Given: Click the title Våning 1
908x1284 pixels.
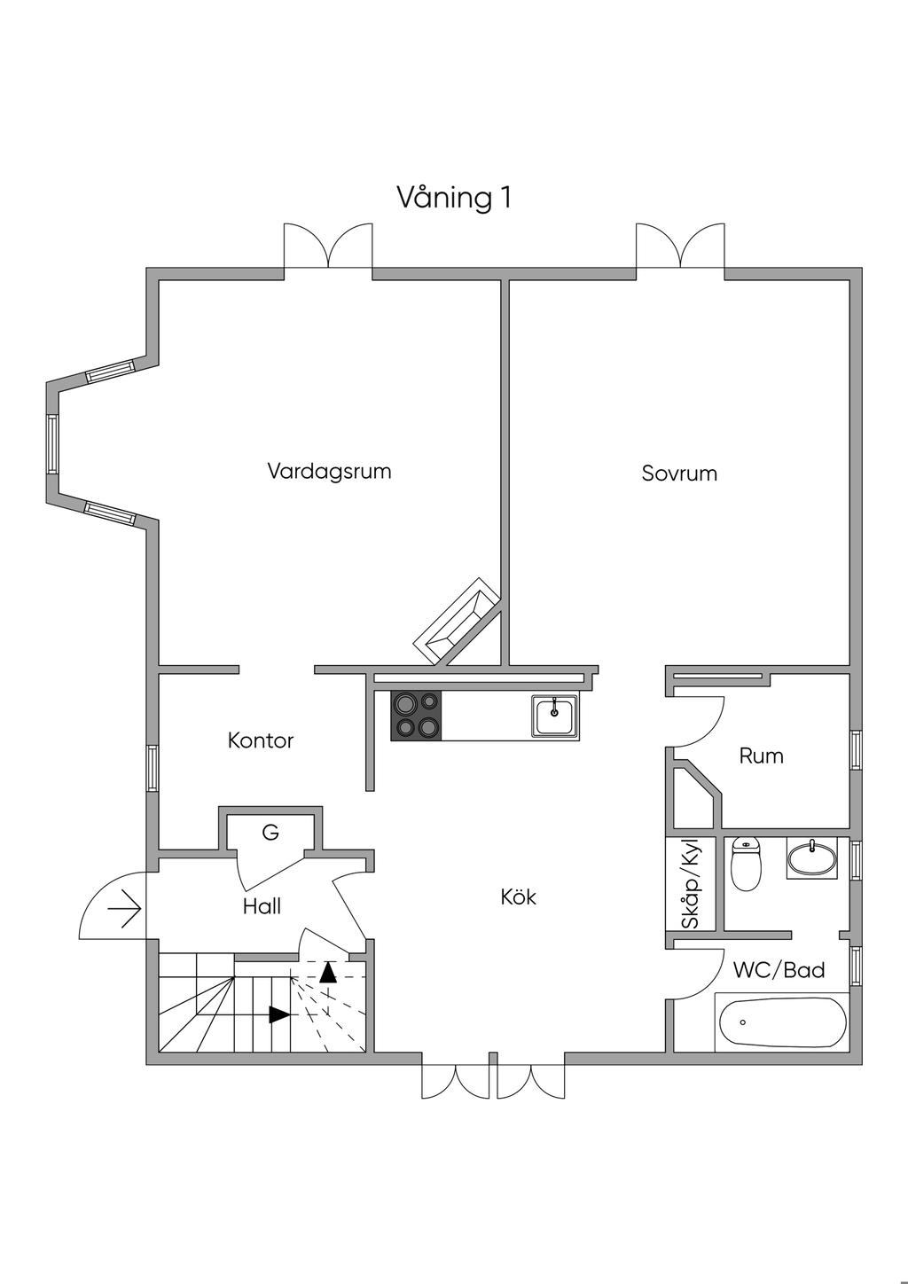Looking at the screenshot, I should tap(453, 197).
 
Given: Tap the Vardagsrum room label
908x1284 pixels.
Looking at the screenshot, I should tap(329, 470).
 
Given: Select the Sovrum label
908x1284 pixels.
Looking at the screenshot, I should tap(679, 474).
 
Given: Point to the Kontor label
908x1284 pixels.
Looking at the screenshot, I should tap(260, 740).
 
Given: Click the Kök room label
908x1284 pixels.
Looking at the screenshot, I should tap(519, 896).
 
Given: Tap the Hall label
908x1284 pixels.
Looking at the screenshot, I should tap(262, 906).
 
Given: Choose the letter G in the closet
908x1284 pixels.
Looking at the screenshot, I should tap(270, 833).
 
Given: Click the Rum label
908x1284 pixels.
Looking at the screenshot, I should tap(761, 756).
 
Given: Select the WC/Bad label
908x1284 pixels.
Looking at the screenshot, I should tap(779, 970).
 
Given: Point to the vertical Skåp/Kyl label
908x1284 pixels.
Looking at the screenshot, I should tap(691, 884).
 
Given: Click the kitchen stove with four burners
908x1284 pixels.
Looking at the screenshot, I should tap(417, 715).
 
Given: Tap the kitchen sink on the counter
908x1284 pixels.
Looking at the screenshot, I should tap(555, 716).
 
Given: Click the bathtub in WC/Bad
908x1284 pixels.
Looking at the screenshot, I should tap(780, 1022).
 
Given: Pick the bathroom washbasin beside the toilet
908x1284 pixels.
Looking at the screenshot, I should tap(811, 858).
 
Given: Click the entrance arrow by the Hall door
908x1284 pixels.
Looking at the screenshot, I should tap(124, 909).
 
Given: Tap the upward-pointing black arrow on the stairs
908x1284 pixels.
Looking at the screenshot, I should tap(328, 972).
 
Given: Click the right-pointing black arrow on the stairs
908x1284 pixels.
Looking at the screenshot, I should tap(279, 1014).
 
